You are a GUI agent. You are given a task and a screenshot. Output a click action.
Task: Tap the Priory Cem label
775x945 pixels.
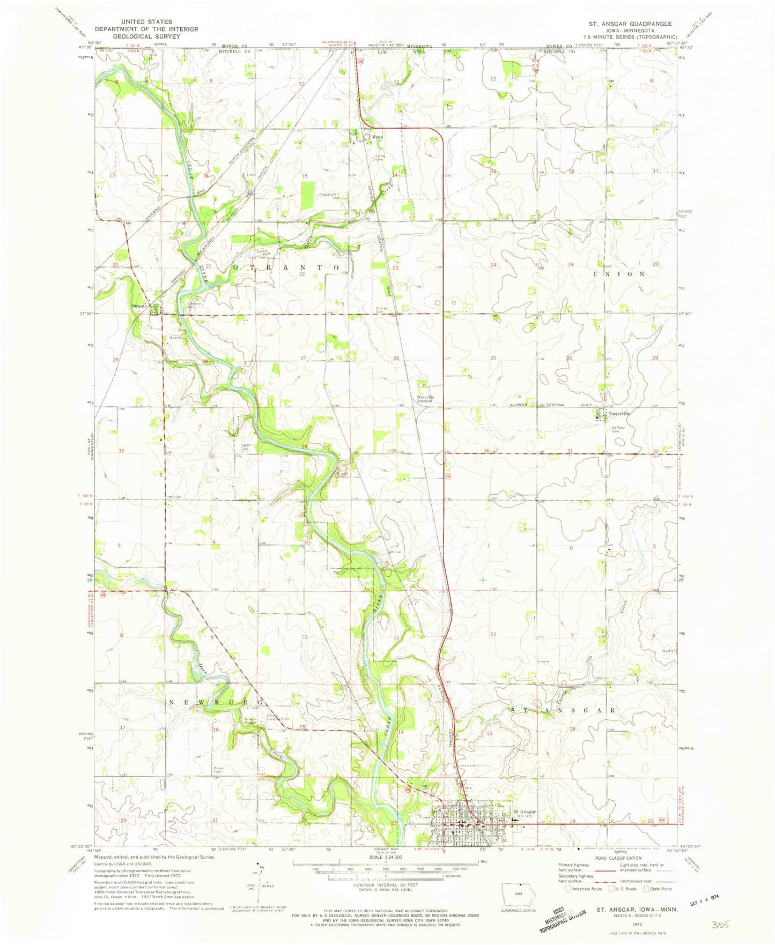[218, 770]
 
